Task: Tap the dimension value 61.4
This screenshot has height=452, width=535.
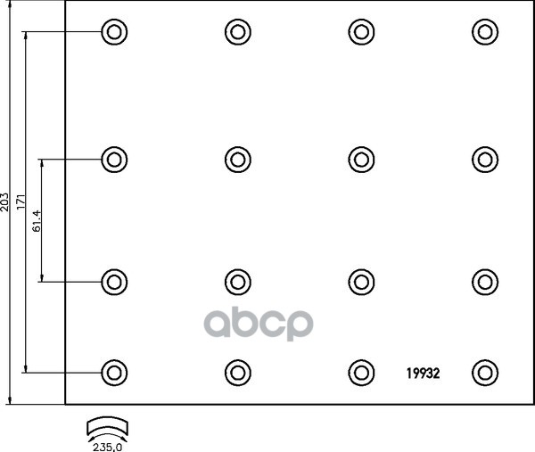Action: coord(37,220)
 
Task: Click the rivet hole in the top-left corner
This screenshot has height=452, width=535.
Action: coord(112,33)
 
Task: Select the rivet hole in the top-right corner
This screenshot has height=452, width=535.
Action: coord(482,33)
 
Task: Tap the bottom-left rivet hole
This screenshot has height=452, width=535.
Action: coord(112,372)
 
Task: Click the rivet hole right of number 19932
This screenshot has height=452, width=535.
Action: coord(482,372)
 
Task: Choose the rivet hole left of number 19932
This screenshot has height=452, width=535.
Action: coord(359,372)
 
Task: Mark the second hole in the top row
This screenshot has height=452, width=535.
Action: coord(236,33)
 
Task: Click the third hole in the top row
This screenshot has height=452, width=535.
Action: coord(359,33)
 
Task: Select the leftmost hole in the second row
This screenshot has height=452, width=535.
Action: coord(112,160)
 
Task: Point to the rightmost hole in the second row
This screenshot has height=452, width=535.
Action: coord(482,160)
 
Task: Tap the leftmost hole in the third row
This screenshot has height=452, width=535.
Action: coord(112,282)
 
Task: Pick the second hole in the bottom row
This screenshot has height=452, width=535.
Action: coord(236,372)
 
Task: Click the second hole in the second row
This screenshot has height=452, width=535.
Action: coord(236,160)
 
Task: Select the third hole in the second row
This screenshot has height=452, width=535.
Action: coord(359,160)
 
